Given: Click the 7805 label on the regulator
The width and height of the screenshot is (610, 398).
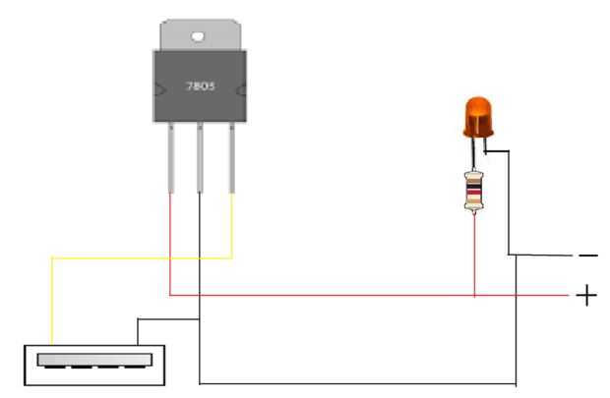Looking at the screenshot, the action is coord(201,85).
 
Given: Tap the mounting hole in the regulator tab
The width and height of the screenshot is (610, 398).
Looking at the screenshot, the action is coord(198,36).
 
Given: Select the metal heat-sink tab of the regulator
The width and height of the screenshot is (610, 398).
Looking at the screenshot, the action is coord(201,34).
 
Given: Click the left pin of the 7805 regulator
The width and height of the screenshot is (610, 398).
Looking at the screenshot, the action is coord(171,158).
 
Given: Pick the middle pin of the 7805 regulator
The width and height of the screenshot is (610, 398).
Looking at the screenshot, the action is coord(200,158).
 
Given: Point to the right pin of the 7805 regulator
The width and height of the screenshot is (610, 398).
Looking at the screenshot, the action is coord(232,158).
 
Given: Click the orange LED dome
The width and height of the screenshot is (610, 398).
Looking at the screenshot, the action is coord(478,117).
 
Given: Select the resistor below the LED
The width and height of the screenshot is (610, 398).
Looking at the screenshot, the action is coord(474,192).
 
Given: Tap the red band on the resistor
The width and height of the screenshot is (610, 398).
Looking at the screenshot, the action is coord(474,193).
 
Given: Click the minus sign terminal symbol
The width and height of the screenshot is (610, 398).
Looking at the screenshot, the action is coord(588,256).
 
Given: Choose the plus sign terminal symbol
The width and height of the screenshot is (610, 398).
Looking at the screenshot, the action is coord(586,296).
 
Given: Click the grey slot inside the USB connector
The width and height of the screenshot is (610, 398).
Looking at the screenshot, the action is coord(94,361).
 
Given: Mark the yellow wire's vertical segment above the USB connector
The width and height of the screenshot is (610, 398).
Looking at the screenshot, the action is coord(52,302).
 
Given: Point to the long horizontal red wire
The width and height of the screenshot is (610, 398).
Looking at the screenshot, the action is coord(370,296).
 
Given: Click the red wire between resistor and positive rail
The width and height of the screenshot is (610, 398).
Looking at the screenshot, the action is coord(474,255).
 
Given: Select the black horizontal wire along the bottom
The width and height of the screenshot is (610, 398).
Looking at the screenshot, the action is coord(358,384).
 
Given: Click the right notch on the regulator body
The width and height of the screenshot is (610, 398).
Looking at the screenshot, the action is coord(242,90).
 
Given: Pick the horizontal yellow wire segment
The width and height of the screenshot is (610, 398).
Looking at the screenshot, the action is coord(142,257).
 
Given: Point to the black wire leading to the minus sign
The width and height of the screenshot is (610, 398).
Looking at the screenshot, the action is coord(541,256).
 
